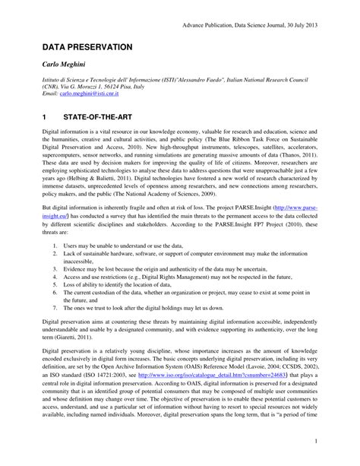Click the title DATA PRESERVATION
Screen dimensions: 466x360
point(87,47)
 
